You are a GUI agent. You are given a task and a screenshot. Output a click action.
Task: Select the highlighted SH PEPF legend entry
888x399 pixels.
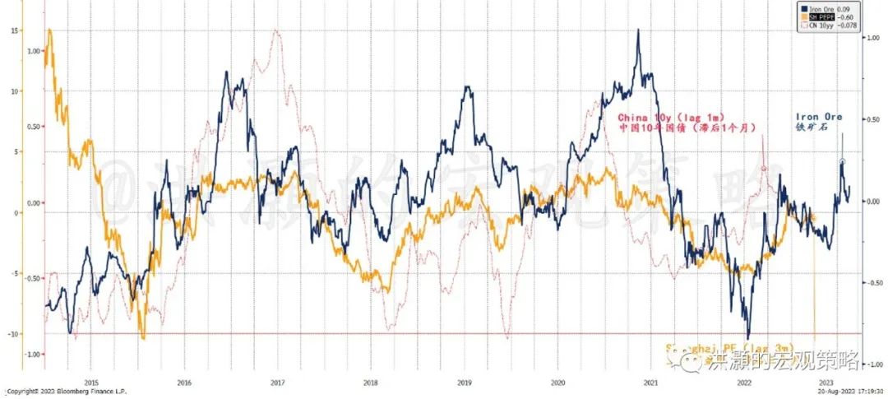[826, 16]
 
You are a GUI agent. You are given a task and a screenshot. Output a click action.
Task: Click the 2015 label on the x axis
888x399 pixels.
[90, 382]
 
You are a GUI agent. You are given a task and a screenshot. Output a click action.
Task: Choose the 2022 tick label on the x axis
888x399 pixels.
[743, 382]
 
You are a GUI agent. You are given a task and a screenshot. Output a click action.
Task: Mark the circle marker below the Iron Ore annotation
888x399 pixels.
[842, 162]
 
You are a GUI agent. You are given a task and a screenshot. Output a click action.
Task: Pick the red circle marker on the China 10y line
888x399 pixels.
[764, 168]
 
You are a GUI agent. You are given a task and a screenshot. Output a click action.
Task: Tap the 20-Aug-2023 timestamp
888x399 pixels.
[842, 392]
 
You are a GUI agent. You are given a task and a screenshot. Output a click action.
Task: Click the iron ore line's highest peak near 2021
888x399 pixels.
[638, 30]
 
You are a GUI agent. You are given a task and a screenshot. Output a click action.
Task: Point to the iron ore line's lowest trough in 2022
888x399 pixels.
[747, 336]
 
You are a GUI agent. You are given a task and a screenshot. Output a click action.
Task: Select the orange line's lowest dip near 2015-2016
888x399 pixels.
[143, 337]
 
